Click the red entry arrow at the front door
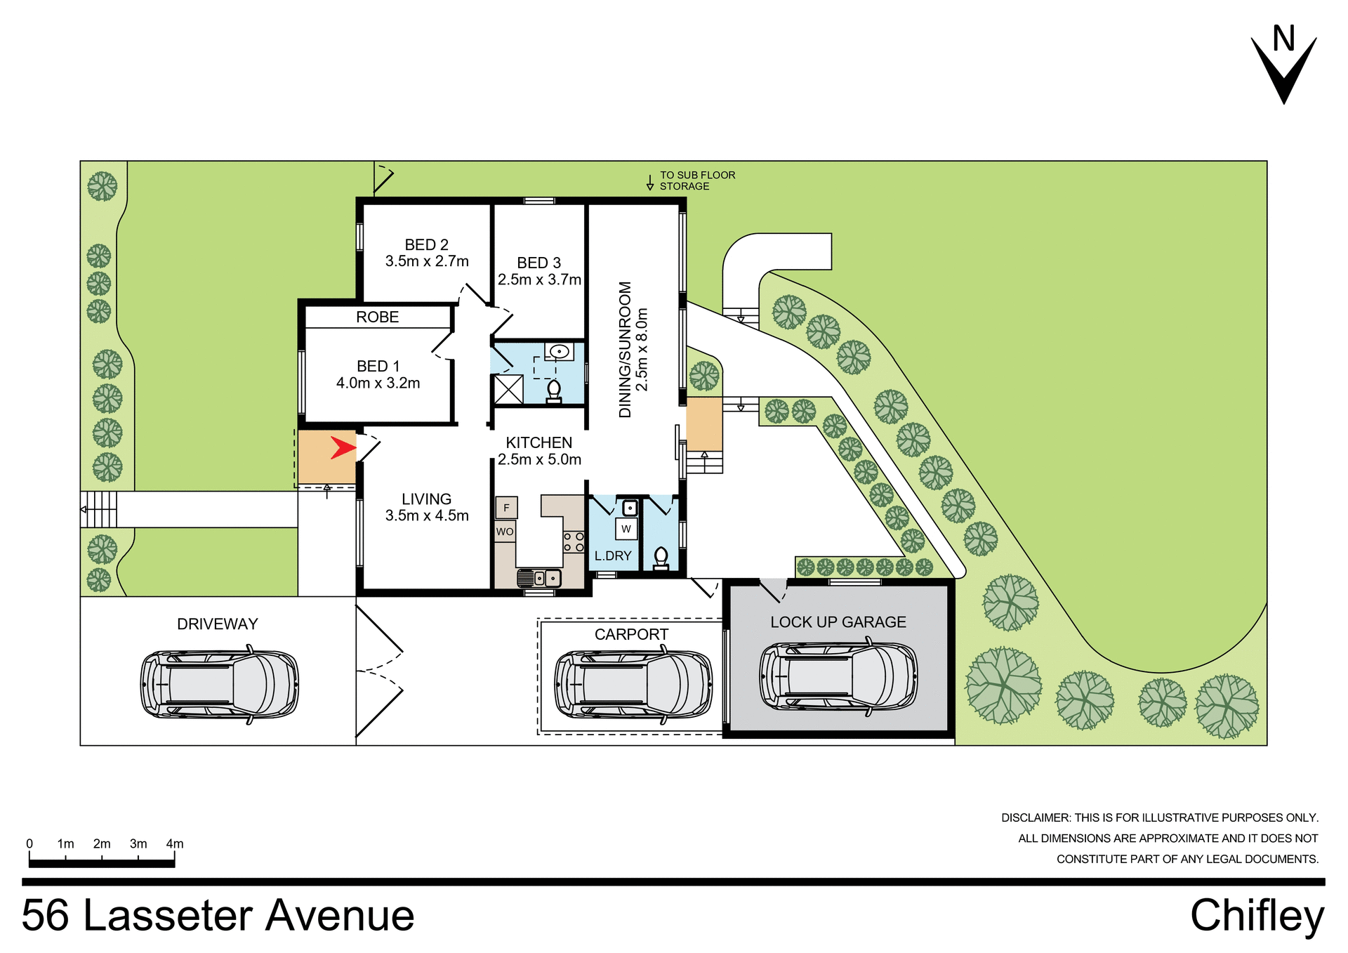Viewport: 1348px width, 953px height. tap(343, 447)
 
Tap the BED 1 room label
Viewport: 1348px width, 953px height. tap(378, 367)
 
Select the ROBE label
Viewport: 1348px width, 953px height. tap(377, 317)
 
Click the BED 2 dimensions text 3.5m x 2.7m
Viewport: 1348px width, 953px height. tap(427, 261)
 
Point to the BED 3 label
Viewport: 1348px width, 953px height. tap(538, 263)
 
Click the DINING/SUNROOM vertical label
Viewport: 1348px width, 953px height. tap(625, 350)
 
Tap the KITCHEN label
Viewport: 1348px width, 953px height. tap(539, 443)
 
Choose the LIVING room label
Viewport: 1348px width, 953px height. tap(426, 499)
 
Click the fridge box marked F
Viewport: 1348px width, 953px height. tap(506, 508)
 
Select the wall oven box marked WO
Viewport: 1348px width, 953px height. tap(505, 532)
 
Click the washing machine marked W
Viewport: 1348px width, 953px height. tap(626, 529)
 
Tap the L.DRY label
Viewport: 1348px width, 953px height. tap(613, 556)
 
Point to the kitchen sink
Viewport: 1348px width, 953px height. tap(539, 578)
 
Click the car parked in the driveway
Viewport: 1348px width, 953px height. tap(220, 684)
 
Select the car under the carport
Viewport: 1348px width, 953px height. tap(633, 684)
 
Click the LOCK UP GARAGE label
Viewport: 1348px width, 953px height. tap(838, 622)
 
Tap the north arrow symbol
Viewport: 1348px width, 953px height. tap(1283, 67)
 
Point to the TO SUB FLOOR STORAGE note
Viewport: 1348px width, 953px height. tap(696, 180)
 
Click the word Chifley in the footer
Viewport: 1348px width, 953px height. tap(1257, 916)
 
